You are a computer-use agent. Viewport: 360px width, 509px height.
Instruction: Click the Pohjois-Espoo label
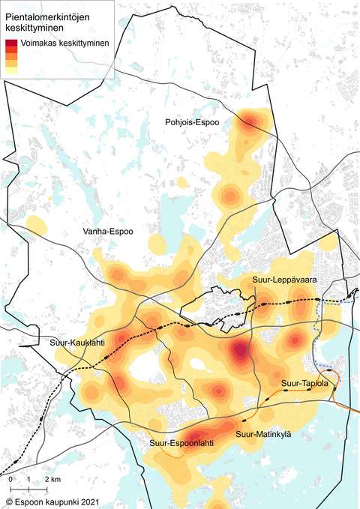[193, 121]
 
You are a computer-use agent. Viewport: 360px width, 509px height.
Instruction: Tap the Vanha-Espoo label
[108, 232]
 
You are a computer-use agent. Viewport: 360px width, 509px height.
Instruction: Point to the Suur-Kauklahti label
[78, 343]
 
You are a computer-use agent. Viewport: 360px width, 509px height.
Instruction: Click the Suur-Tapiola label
[305, 384]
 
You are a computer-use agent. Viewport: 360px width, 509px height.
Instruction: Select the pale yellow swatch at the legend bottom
[11, 70]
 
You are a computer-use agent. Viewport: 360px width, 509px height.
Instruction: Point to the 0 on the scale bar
[11, 478]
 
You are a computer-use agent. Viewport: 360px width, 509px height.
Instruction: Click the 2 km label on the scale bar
[52, 478]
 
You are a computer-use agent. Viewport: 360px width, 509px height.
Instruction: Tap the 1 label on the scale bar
[28, 478]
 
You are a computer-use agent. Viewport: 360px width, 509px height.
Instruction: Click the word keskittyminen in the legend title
[34, 28]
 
